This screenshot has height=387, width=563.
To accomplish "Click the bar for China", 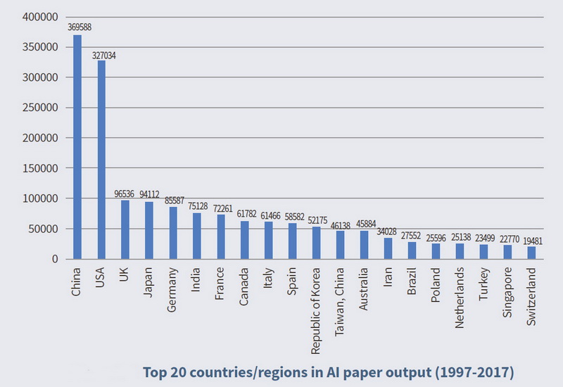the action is [77, 147].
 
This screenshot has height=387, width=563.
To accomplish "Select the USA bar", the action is [101, 160].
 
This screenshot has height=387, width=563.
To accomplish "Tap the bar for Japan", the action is [149, 230].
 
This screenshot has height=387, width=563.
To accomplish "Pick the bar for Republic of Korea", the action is [316, 243].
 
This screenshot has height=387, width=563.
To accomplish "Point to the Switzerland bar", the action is [531, 253].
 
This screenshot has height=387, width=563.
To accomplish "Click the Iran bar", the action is [388, 248].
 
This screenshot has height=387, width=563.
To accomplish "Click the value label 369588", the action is [80, 27].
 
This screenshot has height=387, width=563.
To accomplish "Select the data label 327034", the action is [103, 56].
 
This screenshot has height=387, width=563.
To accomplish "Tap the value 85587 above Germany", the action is [175, 201].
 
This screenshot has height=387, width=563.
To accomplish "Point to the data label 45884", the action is [366, 224].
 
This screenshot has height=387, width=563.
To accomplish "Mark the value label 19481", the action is [533, 241].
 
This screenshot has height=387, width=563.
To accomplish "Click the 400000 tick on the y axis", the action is [40, 17].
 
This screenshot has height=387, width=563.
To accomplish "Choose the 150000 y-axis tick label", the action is [40, 168].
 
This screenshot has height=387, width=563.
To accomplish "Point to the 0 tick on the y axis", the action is [55, 259].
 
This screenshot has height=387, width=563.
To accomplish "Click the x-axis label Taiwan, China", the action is [339, 302].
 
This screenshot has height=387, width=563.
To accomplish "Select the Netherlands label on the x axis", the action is [460, 298].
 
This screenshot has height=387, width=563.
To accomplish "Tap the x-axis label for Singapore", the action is [507, 292].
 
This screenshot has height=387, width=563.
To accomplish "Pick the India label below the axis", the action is [196, 279].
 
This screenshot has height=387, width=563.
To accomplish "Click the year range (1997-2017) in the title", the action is [474, 372].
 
